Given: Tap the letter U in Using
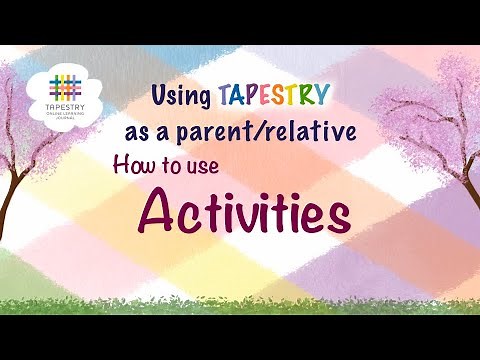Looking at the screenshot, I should [x=159, y=96].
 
